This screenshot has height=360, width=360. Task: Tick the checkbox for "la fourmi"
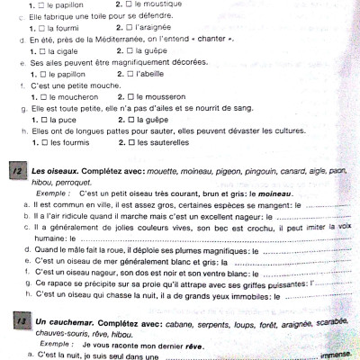click(40, 29)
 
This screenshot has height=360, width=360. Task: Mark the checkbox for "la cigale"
click(40, 51)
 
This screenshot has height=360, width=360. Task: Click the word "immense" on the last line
click(335, 355)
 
